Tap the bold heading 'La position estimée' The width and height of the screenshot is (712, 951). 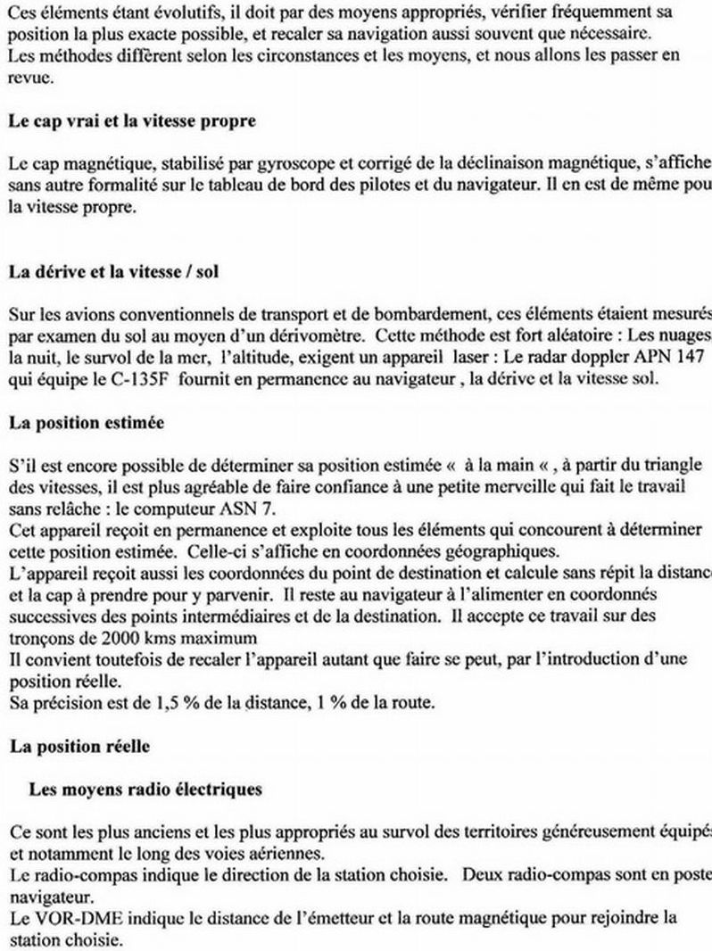click(86, 423)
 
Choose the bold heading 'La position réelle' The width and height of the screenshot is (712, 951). click(79, 748)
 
